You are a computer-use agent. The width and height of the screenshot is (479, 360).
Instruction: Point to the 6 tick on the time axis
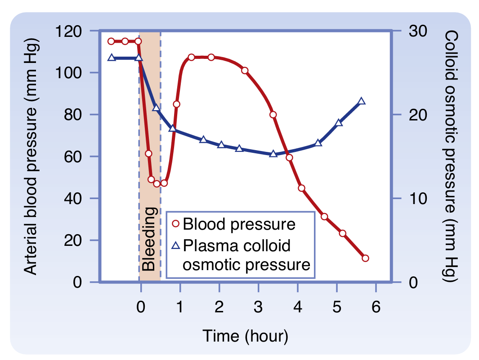pos(376,308)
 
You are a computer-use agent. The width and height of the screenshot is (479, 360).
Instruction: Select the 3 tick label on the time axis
pos(258,308)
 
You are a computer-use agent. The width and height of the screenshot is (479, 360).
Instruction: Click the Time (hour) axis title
pos(245,336)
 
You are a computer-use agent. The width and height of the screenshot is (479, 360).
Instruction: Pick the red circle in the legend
pos(175,224)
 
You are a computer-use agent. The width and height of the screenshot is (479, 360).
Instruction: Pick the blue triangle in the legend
pos(176,245)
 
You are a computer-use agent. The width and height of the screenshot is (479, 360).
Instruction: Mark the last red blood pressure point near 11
pos(365,258)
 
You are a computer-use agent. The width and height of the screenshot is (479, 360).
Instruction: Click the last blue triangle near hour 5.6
pos(362,101)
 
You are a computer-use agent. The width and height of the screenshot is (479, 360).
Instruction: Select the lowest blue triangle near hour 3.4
pos(273,154)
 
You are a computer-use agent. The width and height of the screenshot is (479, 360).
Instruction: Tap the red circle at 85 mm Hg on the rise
pos(177,104)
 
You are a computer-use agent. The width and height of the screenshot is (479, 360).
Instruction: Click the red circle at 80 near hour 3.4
pos(273,115)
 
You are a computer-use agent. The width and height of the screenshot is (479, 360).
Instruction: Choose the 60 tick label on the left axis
pos(72,156)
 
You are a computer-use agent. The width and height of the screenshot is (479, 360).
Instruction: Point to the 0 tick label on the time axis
pos(141,308)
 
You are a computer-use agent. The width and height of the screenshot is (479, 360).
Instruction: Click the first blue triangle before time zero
pos(112,58)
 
